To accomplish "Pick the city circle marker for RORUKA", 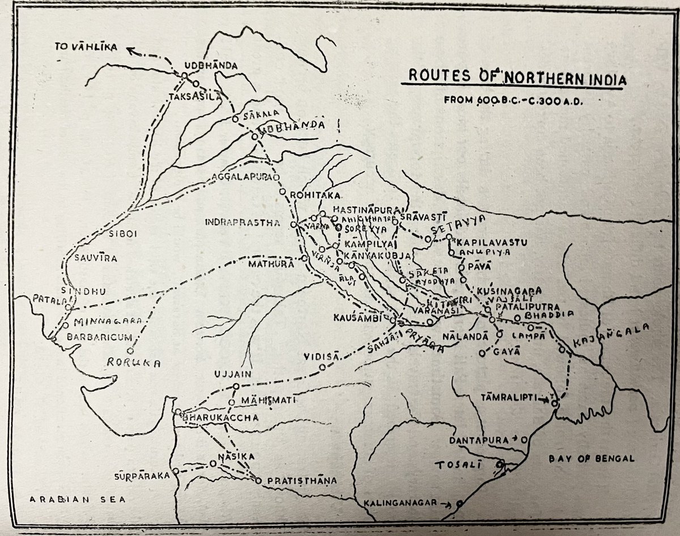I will [130, 351].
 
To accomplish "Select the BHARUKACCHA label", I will [220, 418].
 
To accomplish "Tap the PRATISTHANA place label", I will [300, 481].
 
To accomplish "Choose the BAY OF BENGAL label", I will [595, 458].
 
